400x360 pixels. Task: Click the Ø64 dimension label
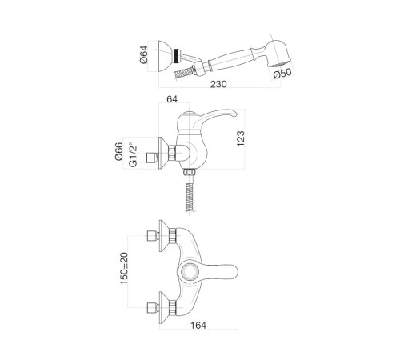click(x=143, y=54)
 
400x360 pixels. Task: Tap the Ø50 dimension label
click(x=282, y=74)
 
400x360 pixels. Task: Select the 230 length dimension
click(x=218, y=84)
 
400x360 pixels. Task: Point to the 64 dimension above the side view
click(x=172, y=99)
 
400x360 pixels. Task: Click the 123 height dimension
click(x=241, y=138)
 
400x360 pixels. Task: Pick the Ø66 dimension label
click(x=119, y=151)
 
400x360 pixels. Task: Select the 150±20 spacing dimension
click(x=124, y=268)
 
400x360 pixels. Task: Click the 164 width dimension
click(x=198, y=325)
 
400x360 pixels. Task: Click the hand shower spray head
click(x=278, y=54)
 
